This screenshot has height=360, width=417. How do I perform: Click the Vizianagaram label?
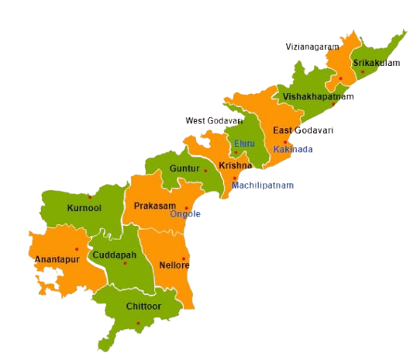[312, 47]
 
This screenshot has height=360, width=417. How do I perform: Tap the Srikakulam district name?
[376, 62]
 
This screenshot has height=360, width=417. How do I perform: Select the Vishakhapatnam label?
[318, 97]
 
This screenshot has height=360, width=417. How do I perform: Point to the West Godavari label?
[213, 121]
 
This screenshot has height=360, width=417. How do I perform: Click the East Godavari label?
[303, 130]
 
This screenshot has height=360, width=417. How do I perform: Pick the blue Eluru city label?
[243, 144]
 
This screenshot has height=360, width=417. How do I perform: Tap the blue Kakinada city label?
[293, 149]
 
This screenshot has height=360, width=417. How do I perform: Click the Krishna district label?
[235, 166]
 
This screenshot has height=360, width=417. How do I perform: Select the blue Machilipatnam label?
[264, 185]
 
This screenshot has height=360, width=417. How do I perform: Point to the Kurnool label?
[84, 208]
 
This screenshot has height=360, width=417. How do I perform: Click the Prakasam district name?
[153, 206]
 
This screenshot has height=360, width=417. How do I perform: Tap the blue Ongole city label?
[184, 214]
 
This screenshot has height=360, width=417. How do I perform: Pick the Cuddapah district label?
[114, 255]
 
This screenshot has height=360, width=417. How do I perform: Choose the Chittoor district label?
[143, 306]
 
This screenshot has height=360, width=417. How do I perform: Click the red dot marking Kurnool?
[91, 197]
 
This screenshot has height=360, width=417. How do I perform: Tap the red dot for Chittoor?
[138, 323]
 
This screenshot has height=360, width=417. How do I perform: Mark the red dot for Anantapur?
[77, 249]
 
